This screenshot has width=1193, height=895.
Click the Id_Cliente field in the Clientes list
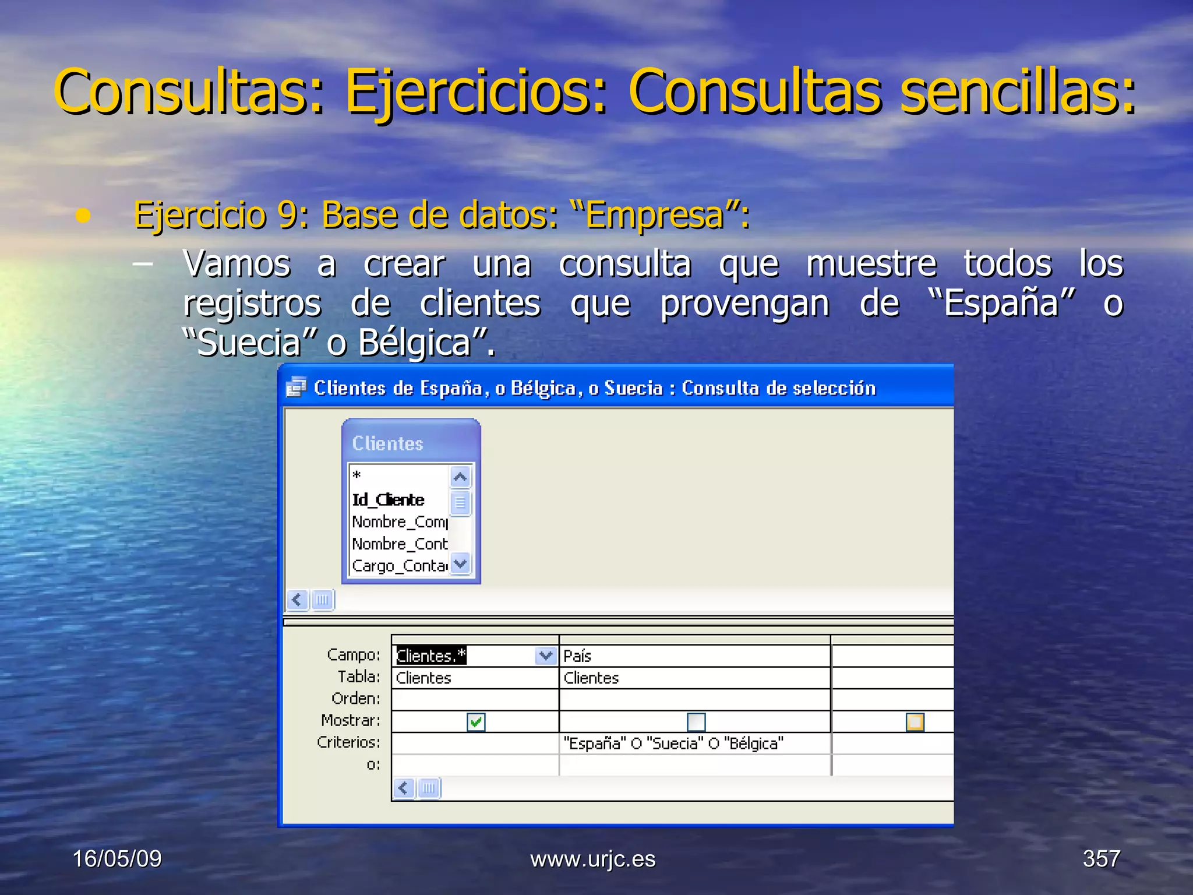[x=389, y=500]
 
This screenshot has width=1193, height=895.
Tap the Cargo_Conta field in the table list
[x=400, y=566]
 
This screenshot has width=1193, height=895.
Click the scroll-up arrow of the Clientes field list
[x=460, y=477]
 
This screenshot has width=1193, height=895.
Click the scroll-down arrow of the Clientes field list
[x=460, y=563]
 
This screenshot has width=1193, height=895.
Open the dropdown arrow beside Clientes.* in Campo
[x=545, y=656]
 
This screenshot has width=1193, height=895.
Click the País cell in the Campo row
[x=693, y=656]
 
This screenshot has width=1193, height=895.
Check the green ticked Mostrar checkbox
[x=476, y=723]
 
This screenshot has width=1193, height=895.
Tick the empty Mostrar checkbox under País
[x=696, y=723]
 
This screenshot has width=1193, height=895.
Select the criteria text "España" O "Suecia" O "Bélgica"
[x=673, y=744]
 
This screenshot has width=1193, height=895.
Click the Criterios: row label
[x=348, y=742]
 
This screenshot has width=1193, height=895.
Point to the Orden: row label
[x=355, y=699]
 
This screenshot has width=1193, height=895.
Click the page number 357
[x=1101, y=859]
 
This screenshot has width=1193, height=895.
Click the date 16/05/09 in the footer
[x=117, y=859]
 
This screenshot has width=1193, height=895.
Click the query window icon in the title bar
[x=297, y=387]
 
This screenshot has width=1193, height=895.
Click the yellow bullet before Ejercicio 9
[x=83, y=216]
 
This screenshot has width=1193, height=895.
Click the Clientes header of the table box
[x=388, y=443]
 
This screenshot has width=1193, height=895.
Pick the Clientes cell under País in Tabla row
[x=591, y=678]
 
